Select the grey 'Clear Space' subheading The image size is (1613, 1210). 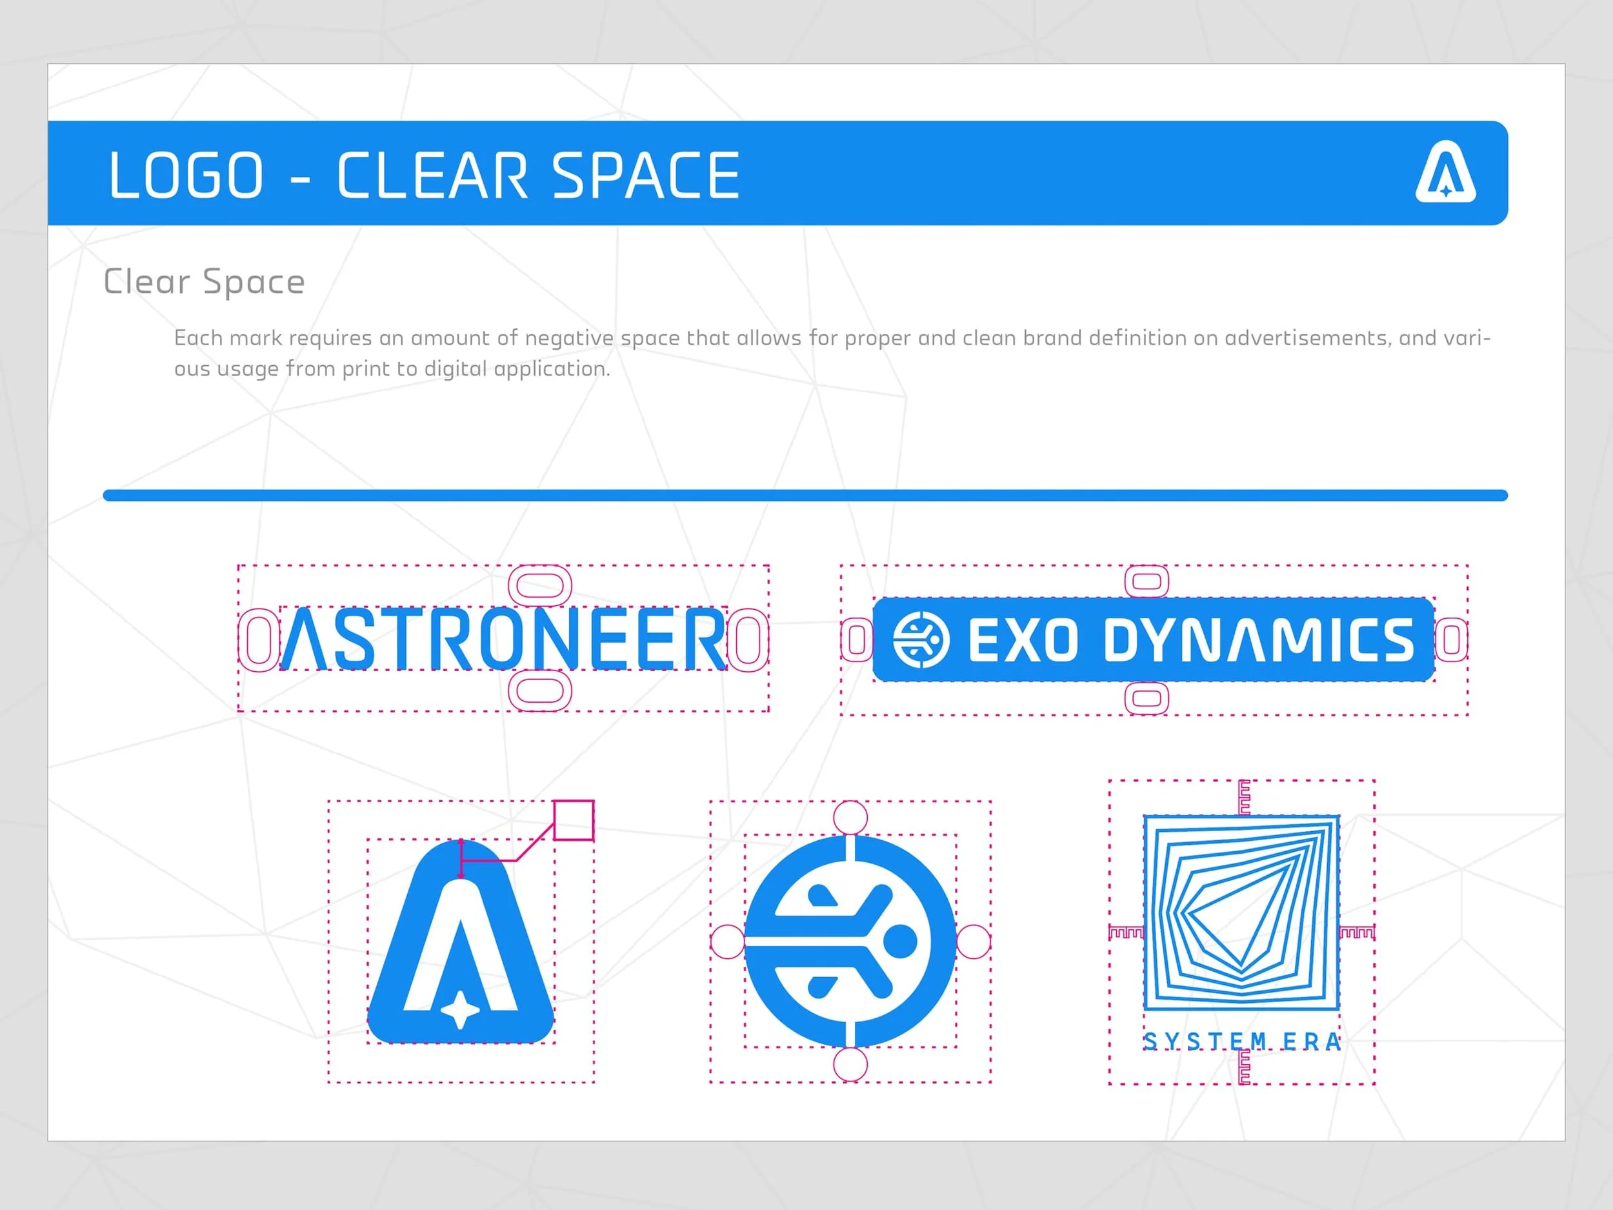tap(204, 281)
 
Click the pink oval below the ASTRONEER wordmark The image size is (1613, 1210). tap(539, 690)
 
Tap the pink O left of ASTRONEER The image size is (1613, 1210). tap(258, 640)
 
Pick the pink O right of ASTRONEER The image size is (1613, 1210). tap(748, 640)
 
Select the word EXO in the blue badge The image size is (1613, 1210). tap(1023, 640)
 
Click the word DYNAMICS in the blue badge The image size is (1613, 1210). tap(1259, 640)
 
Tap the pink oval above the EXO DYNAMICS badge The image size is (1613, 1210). tap(1147, 581)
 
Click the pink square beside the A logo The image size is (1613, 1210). tap(574, 820)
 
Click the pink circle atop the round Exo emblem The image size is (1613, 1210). tap(850, 817)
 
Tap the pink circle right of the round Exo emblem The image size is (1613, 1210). tap(974, 942)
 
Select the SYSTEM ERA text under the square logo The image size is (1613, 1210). tap(1242, 1042)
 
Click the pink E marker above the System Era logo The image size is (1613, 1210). tap(1244, 797)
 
